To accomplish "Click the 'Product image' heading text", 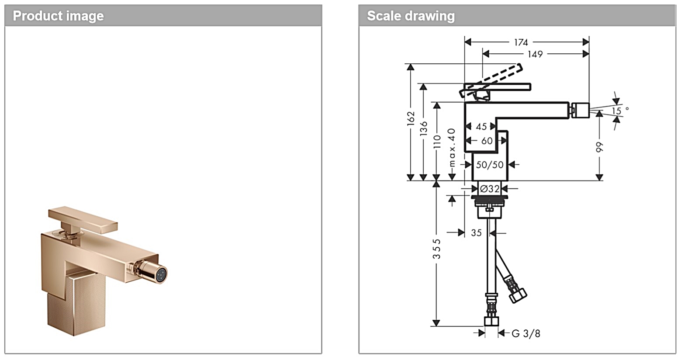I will tap(58, 16).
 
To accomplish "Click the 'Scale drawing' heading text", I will tap(411, 16).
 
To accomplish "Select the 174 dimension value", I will tap(521, 42).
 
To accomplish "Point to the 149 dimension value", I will tap(535, 54).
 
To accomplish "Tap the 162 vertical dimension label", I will tap(411, 119).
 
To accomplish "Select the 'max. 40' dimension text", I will tap(452, 147).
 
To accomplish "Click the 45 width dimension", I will tap(481, 127).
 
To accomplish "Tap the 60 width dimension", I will tap(487, 141).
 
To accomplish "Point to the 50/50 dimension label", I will tap(490, 165).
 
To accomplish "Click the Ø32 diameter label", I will tap(490, 189).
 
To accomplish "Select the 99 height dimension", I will tap(600, 147).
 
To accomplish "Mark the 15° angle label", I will tap(619, 111).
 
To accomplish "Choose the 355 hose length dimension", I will tap(437, 249).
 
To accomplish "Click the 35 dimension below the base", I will tap(476, 233).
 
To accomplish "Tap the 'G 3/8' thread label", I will tap(526, 334).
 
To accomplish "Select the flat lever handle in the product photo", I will tap(83, 218).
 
